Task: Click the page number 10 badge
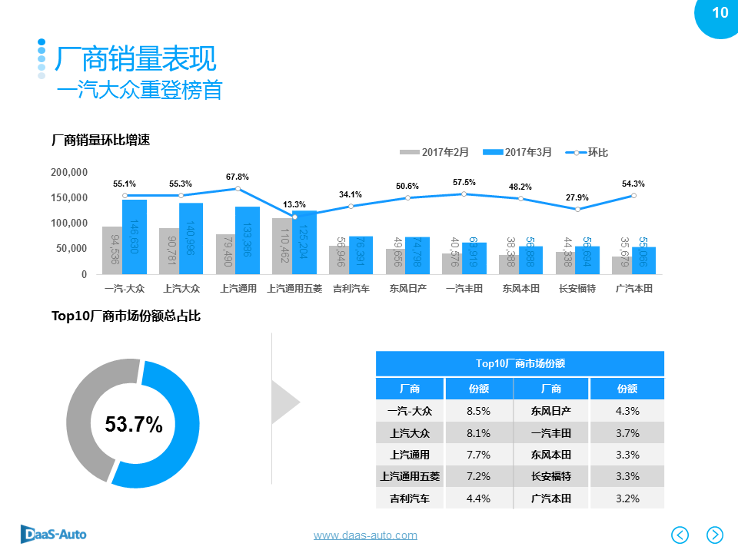720,13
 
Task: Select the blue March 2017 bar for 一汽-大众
135,237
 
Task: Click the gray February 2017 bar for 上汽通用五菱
283,246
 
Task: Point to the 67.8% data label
238,177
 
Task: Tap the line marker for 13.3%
294,217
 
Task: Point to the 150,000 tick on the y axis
69,197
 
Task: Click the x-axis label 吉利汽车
351,289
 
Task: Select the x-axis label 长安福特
577,289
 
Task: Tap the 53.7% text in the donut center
134,424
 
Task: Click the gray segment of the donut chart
88,415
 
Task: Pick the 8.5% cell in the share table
478,411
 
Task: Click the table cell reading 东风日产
550,411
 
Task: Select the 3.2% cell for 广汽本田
627,498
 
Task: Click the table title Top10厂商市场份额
520,363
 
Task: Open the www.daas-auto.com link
365,535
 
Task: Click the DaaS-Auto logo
53,533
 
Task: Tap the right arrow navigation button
714,535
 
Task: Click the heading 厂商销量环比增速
100,140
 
